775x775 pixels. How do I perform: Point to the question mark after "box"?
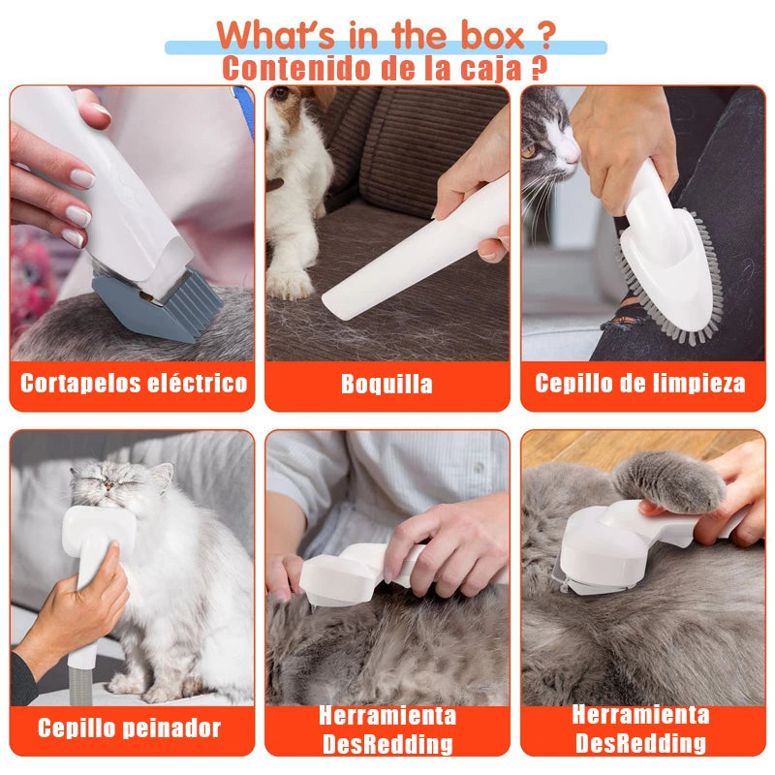coord(543,36)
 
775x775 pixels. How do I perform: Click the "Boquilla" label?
coord(387,384)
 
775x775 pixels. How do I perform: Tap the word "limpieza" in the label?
coord(697,383)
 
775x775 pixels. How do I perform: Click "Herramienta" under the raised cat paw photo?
coord(640,715)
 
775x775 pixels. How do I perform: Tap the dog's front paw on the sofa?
coord(288,281)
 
